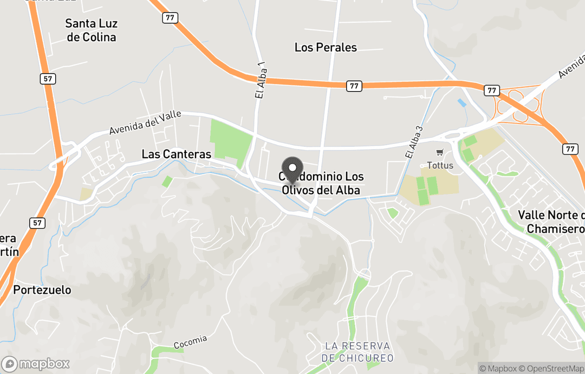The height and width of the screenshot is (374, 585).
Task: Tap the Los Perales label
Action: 326,48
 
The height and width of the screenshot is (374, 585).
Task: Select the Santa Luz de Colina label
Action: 90,30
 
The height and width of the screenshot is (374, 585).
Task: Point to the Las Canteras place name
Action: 176,154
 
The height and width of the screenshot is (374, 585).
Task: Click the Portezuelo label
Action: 42,290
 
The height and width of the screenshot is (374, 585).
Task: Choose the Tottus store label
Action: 439,164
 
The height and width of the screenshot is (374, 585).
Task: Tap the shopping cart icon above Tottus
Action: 439,152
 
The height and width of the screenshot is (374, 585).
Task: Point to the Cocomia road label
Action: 190,342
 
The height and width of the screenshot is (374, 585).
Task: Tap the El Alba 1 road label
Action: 261,80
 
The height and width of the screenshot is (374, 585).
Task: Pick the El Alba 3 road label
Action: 413,141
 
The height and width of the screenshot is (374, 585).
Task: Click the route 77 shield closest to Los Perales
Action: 354,86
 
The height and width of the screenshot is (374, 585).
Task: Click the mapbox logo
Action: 36,364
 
